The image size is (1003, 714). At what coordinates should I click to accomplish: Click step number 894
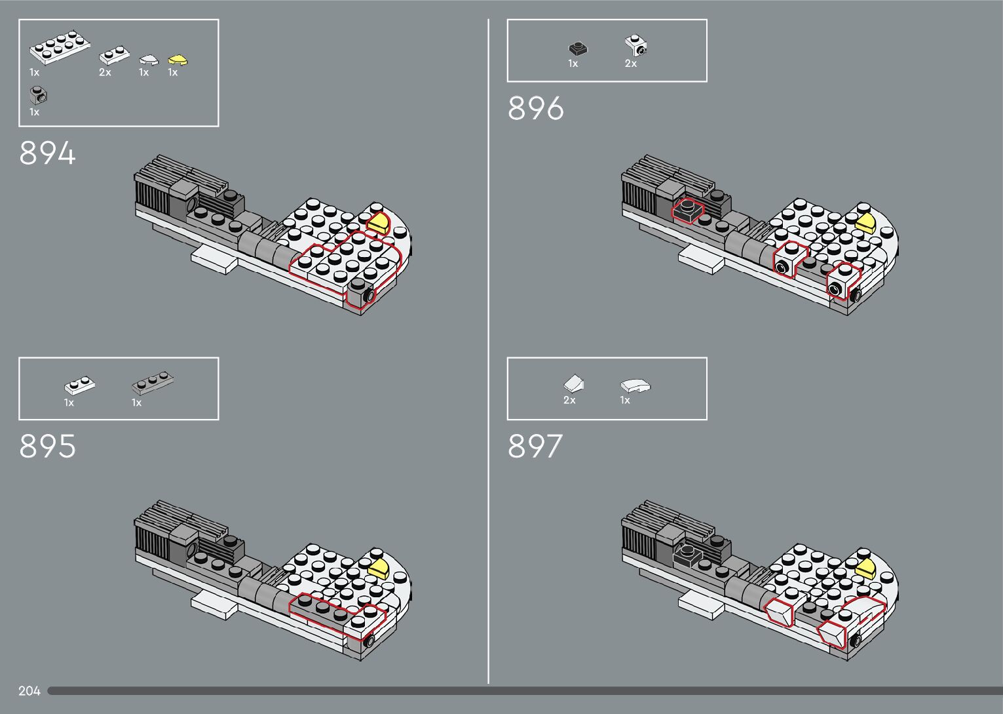coord(47,153)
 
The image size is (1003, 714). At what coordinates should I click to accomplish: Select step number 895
coord(47,446)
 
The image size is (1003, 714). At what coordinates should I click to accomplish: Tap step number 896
coord(535,108)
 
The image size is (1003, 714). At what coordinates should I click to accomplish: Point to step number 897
coord(535,446)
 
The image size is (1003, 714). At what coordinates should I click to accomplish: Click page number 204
coord(29,690)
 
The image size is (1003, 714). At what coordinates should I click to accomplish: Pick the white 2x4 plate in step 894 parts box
coord(60,47)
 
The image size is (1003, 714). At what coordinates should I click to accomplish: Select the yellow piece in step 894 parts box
coord(178,60)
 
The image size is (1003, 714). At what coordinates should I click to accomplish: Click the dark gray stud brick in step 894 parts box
coord(38,95)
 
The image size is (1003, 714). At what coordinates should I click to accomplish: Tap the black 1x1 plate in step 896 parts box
coord(578,49)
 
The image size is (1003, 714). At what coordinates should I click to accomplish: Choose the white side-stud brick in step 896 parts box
coord(636,46)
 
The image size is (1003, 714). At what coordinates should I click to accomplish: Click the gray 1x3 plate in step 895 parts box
coord(153,383)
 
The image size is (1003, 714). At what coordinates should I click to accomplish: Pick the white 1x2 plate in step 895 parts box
coord(80,385)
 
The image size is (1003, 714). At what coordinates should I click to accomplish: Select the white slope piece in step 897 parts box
coord(574,384)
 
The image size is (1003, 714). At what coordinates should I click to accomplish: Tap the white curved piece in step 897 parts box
coord(635,386)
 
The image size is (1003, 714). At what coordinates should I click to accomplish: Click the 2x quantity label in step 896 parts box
coord(630,64)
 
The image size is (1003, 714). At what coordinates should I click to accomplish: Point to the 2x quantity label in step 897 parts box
coord(569,400)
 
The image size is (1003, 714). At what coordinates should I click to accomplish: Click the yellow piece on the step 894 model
coord(379,223)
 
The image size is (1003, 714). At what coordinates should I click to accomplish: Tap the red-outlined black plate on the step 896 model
coord(687,210)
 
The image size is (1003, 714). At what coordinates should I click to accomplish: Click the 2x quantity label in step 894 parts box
coord(105,73)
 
